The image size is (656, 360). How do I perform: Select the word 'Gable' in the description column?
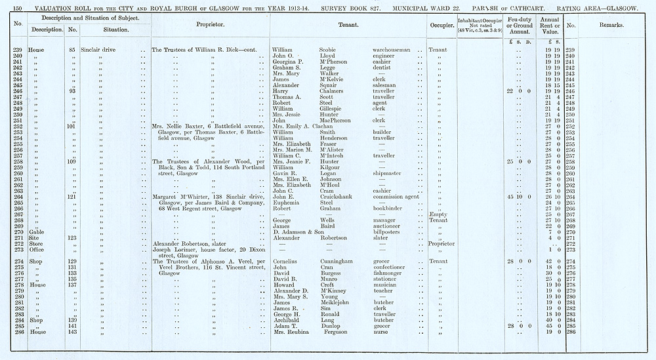click(33, 232)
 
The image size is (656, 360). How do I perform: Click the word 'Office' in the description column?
click(34, 250)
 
